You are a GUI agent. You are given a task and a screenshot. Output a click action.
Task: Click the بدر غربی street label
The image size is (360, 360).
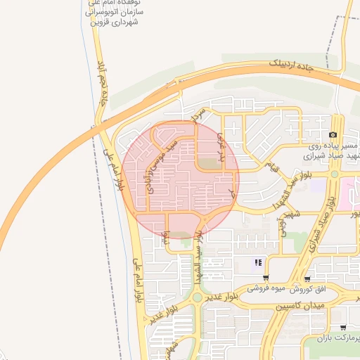(223, 146)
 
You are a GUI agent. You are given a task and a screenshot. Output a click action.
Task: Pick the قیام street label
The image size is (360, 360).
(271, 166)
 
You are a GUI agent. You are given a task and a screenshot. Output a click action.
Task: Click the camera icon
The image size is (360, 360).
(333, 134)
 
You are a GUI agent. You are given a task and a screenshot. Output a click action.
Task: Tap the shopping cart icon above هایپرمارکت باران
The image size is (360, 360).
(342, 327)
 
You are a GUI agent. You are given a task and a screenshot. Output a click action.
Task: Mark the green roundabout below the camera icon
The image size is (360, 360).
(335, 174)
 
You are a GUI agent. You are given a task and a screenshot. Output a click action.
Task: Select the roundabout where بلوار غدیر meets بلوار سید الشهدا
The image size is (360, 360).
(198, 298)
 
